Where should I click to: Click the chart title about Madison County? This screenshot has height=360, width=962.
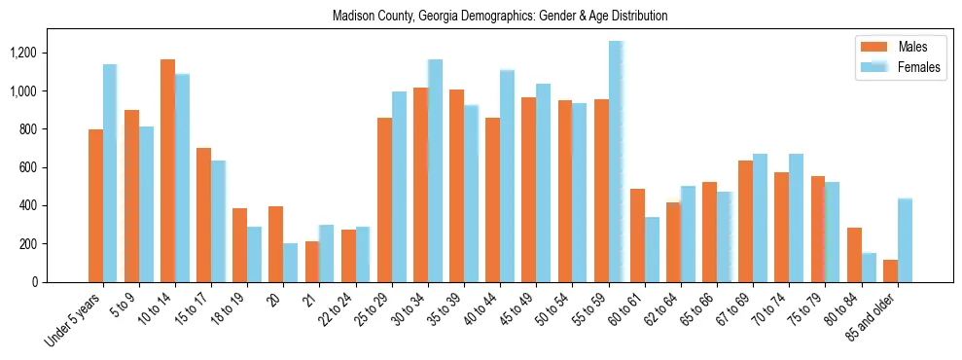pos(500,17)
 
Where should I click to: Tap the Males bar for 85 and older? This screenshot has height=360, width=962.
pos(890,270)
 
